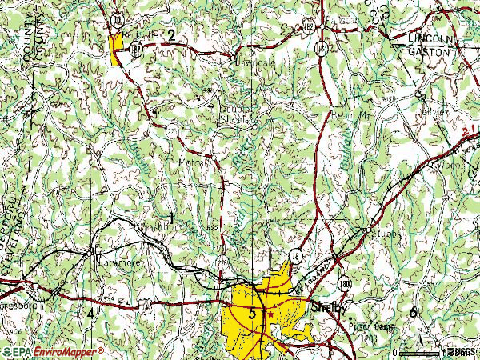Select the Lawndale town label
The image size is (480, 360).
click(250, 61)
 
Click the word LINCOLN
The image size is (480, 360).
click(430, 38)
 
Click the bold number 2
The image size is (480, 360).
click(170, 34)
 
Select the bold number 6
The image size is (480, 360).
click(413, 312)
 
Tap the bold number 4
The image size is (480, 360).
click(90, 313)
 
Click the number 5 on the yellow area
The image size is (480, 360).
click(253, 314)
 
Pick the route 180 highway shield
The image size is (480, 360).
click(344, 285)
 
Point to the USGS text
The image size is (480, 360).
click(462, 352)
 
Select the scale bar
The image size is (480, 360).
click(419, 352)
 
